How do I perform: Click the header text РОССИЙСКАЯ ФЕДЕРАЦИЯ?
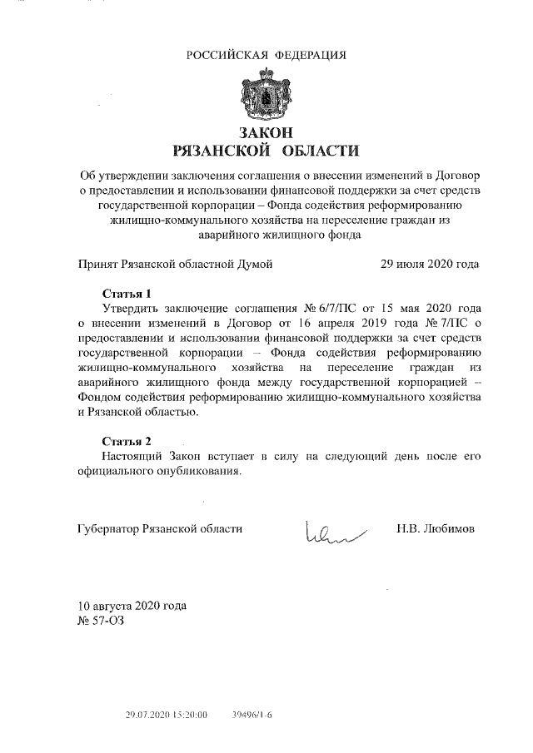click(266, 56)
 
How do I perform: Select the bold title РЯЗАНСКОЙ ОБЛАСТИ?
click(266, 151)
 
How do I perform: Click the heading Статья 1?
click(127, 294)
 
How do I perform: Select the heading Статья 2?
click(127, 440)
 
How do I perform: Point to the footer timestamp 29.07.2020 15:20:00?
click(166, 715)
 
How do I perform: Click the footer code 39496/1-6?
click(252, 715)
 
